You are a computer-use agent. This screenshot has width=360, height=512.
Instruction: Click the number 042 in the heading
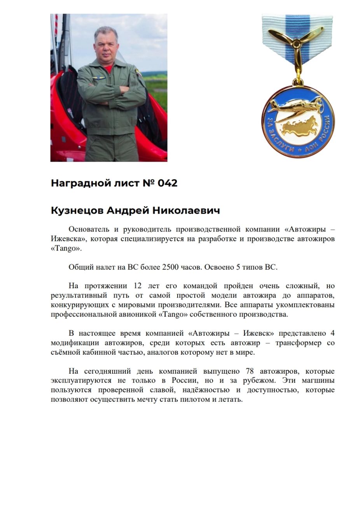(168, 183)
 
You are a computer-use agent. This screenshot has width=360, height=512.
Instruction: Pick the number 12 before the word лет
(138, 286)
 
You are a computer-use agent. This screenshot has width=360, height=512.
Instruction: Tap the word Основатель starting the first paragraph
(87, 229)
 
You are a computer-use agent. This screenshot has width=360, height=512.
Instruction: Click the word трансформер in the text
(299, 343)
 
